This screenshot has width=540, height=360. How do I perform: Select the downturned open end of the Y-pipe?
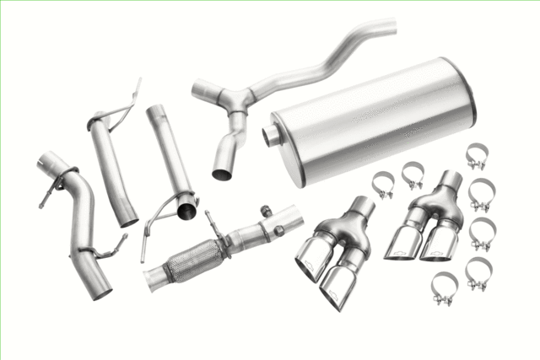[x=223, y=173]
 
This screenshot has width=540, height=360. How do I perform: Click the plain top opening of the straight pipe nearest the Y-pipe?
[x=156, y=110]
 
